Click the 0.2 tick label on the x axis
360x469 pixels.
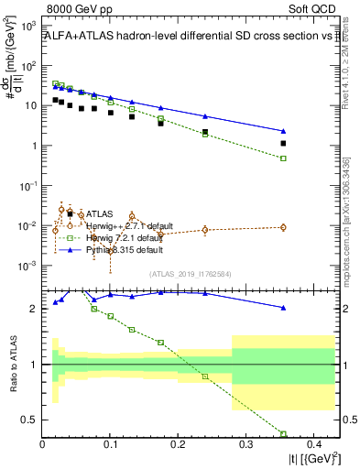coord(178,445)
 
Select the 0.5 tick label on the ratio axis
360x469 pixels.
coord(31,420)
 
